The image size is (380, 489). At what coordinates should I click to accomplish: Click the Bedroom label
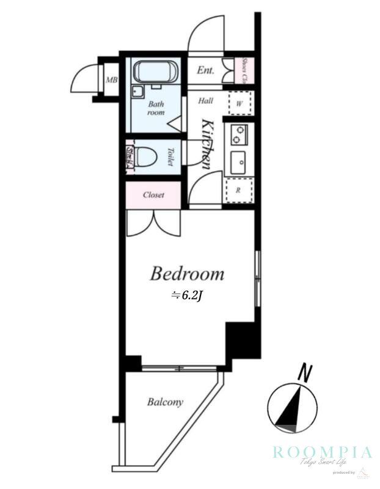point(187,274)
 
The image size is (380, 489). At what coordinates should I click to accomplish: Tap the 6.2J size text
point(187,296)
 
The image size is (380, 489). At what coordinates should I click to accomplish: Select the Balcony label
point(165,402)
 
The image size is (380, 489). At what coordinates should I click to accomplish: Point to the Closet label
point(153,195)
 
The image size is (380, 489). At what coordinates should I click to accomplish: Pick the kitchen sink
point(238,162)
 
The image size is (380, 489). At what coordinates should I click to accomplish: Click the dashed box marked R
point(239,190)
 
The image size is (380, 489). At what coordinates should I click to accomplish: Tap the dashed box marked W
point(239,103)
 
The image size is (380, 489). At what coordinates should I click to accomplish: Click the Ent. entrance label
point(205,71)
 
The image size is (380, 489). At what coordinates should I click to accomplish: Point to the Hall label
point(205,101)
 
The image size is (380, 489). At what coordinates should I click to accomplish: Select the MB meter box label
point(111,80)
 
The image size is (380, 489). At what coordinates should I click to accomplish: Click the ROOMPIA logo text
point(322,452)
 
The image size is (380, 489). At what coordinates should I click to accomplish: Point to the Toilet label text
point(170,157)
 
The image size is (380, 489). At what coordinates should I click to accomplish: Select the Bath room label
point(156,108)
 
